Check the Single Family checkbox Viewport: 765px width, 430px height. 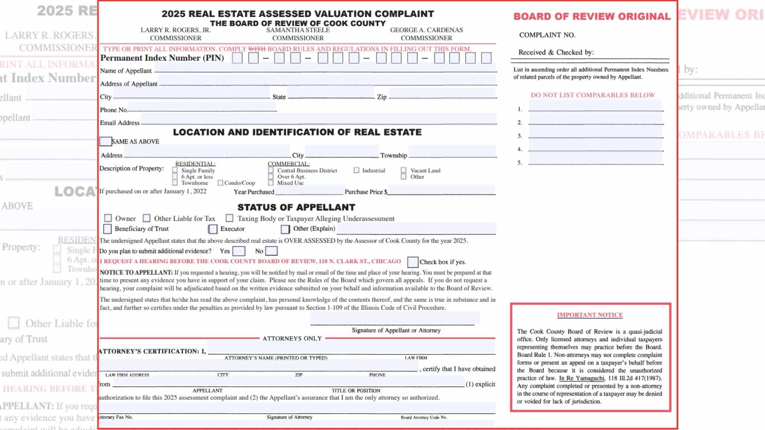pyautogui.click(x=175, y=170)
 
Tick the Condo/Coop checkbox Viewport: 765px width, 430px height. pyautogui.click(x=220, y=183)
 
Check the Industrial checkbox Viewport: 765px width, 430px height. pyautogui.click(x=357, y=170)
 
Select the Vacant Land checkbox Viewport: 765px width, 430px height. pyautogui.click(x=404, y=170)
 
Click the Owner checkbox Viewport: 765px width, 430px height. pyautogui.click(x=108, y=218)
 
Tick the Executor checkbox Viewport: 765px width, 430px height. pyautogui.click(x=213, y=229)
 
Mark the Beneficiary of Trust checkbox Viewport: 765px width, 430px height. pyautogui.click(x=108, y=229)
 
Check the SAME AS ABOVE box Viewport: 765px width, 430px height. pyautogui.click(x=105, y=141)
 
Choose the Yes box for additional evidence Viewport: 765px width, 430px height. pyautogui.click(x=238, y=251)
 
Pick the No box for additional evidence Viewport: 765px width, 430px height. pyautogui.click(x=271, y=251)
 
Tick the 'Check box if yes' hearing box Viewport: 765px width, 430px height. pyautogui.click(x=412, y=262)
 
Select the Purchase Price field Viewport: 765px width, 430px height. pyautogui.click(x=442, y=191)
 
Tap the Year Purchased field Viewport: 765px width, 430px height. pyautogui.click(x=309, y=191)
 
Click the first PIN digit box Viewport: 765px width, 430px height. pyautogui.click(x=238, y=58)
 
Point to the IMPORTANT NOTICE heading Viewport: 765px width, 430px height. pyautogui.click(x=590, y=315)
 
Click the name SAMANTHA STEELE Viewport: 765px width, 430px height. pyautogui.click(x=298, y=30)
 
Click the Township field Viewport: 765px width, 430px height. pyautogui.click(x=452, y=152)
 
